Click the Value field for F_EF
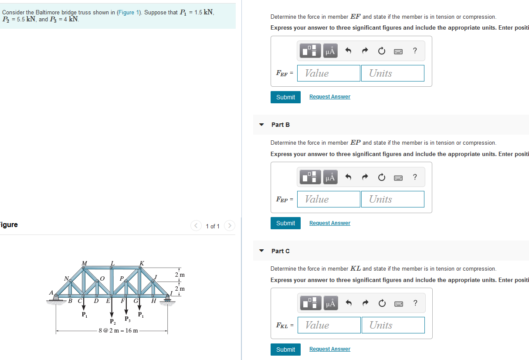329,73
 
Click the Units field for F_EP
393,199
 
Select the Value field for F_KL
329,325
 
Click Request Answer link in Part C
329,349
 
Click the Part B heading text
281,125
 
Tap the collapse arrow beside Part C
261,251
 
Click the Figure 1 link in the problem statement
127,12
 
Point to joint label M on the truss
85,263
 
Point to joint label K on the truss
142,263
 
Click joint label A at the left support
51,292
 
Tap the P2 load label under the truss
112,322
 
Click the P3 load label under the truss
127,319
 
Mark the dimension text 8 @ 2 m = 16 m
119,330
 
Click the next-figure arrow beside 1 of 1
230,226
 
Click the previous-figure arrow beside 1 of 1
196,226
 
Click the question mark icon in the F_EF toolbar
415,51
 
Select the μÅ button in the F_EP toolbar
330,177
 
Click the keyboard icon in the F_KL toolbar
398,303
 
